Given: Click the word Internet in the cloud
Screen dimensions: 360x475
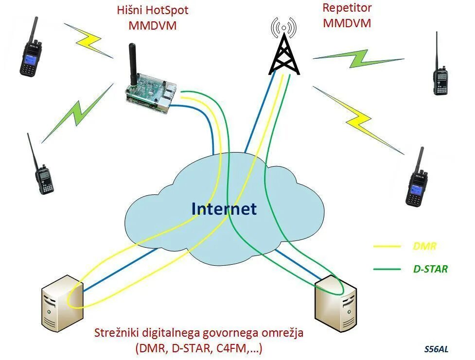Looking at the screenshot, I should point(224,209).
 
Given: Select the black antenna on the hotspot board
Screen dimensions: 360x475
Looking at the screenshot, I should point(132,63).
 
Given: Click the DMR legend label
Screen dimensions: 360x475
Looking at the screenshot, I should point(424,246).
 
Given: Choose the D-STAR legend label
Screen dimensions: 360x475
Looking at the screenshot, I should point(427,268).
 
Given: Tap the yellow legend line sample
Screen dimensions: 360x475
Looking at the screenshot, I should point(387,246).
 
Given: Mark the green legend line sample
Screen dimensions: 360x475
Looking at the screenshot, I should point(387,268).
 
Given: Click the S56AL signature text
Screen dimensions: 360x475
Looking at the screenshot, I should point(436,349).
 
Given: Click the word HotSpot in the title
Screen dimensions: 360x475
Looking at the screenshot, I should point(168,10).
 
